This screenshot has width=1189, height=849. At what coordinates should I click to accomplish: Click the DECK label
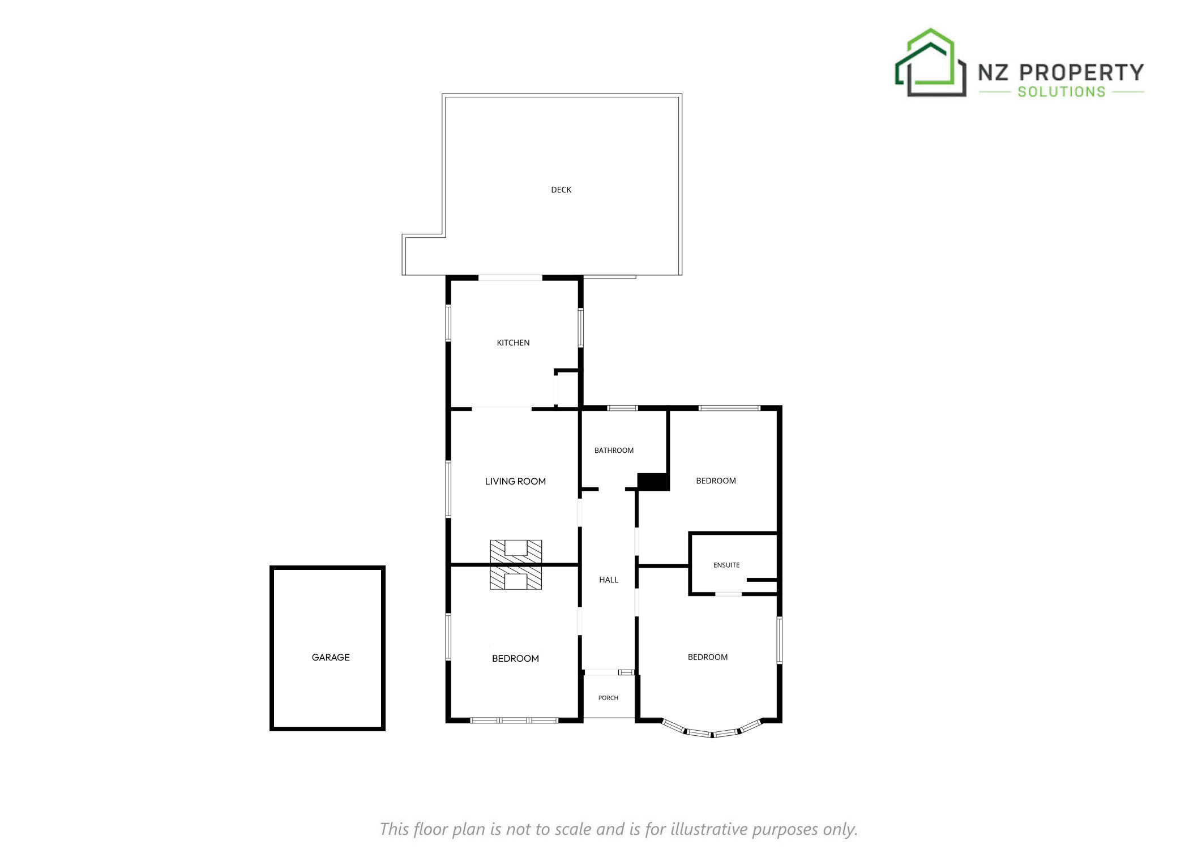click(x=561, y=190)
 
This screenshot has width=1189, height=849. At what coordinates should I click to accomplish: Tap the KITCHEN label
click(x=513, y=342)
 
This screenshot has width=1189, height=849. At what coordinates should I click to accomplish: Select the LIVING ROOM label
click(x=515, y=481)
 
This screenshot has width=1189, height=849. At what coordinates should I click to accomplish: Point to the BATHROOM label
click(x=614, y=451)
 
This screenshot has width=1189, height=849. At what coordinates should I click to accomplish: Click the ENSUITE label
click(x=726, y=565)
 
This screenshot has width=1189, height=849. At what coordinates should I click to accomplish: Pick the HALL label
click(x=609, y=580)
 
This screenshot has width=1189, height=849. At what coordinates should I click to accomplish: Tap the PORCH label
click(x=608, y=698)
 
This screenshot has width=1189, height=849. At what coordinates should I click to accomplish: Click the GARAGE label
click(x=331, y=657)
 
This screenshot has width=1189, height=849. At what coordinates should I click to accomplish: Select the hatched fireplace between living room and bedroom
click(x=516, y=565)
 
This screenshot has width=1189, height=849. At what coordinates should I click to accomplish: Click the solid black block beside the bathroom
click(x=653, y=482)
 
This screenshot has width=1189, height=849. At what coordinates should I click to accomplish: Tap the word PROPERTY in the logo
click(x=1081, y=72)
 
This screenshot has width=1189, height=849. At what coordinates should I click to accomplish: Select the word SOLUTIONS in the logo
click(x=1062, y=92)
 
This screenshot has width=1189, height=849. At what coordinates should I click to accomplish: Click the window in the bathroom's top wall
click(x=622, y=408)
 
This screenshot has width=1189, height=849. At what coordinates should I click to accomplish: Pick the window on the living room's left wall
click(x=448, y=489)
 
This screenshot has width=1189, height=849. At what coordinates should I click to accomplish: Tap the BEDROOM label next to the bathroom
click(x=716, y=481)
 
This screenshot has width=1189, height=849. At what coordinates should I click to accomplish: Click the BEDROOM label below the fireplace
click(x=515, y=658)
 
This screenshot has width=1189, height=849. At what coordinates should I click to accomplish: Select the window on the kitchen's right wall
click(x=580, y=327)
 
